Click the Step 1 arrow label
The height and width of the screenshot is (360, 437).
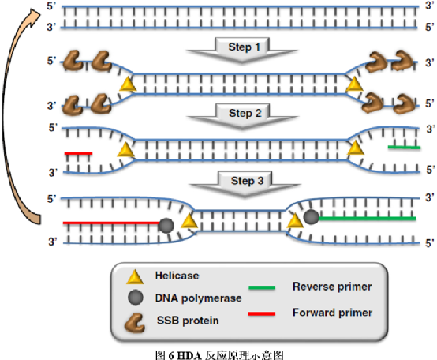tap(245, 47)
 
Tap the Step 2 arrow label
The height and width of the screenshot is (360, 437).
tap(245, 113)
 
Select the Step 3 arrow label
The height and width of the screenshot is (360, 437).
tap(247, 181)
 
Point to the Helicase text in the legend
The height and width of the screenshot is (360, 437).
tap(177, 276)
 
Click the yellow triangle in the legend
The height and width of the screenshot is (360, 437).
tap(135, 277)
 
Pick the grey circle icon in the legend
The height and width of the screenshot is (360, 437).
tap(136, 298)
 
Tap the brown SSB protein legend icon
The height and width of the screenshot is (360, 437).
tap(135, 323)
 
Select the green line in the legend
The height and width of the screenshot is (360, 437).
tap(262, 287)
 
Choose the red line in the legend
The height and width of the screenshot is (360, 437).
tap(262, 313)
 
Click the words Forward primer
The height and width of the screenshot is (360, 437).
tap(333, 313)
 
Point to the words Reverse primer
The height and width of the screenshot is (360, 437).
tap(332, 287)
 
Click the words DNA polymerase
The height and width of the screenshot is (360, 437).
tap(198, 298)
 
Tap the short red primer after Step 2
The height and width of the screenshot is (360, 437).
tap(78, 153)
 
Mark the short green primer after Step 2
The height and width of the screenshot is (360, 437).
tap(404, 147)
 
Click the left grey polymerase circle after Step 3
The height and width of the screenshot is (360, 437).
tap(166, 226)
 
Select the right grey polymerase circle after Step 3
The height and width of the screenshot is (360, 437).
tap(311, 216)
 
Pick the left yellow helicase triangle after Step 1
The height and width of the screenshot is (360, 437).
tap(128, 84)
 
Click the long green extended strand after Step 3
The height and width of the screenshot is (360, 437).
tap(367, 219)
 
